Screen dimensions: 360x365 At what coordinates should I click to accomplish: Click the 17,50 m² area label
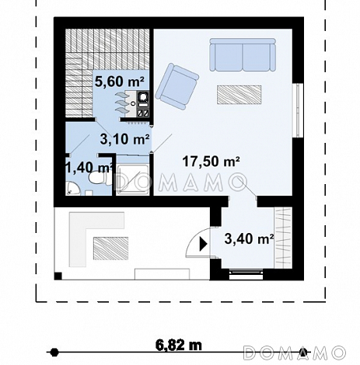211,162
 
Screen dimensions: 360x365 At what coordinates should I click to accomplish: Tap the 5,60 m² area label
119,82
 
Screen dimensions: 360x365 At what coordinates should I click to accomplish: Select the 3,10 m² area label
124,139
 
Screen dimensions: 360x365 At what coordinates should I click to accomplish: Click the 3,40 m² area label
249,238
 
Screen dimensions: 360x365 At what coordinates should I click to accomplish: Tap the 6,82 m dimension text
179,345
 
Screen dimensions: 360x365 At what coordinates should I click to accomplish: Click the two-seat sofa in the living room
243,54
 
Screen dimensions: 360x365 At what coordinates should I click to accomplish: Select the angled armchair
177,86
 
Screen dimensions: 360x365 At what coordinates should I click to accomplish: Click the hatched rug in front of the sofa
239,95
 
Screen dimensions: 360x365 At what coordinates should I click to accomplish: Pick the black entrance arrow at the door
203,244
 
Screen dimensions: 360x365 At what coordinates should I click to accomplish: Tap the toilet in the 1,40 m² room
97,178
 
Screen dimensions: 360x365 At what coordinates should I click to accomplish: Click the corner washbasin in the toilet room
72,189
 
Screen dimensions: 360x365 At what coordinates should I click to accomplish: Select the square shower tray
132,179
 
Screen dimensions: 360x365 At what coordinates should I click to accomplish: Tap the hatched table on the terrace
110,249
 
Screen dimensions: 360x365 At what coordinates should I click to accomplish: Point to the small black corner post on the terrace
58,276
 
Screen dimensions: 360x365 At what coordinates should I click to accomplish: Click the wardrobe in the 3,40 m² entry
283,238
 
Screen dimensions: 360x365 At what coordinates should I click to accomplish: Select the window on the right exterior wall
298,110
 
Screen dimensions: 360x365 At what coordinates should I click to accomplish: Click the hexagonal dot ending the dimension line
54,353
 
